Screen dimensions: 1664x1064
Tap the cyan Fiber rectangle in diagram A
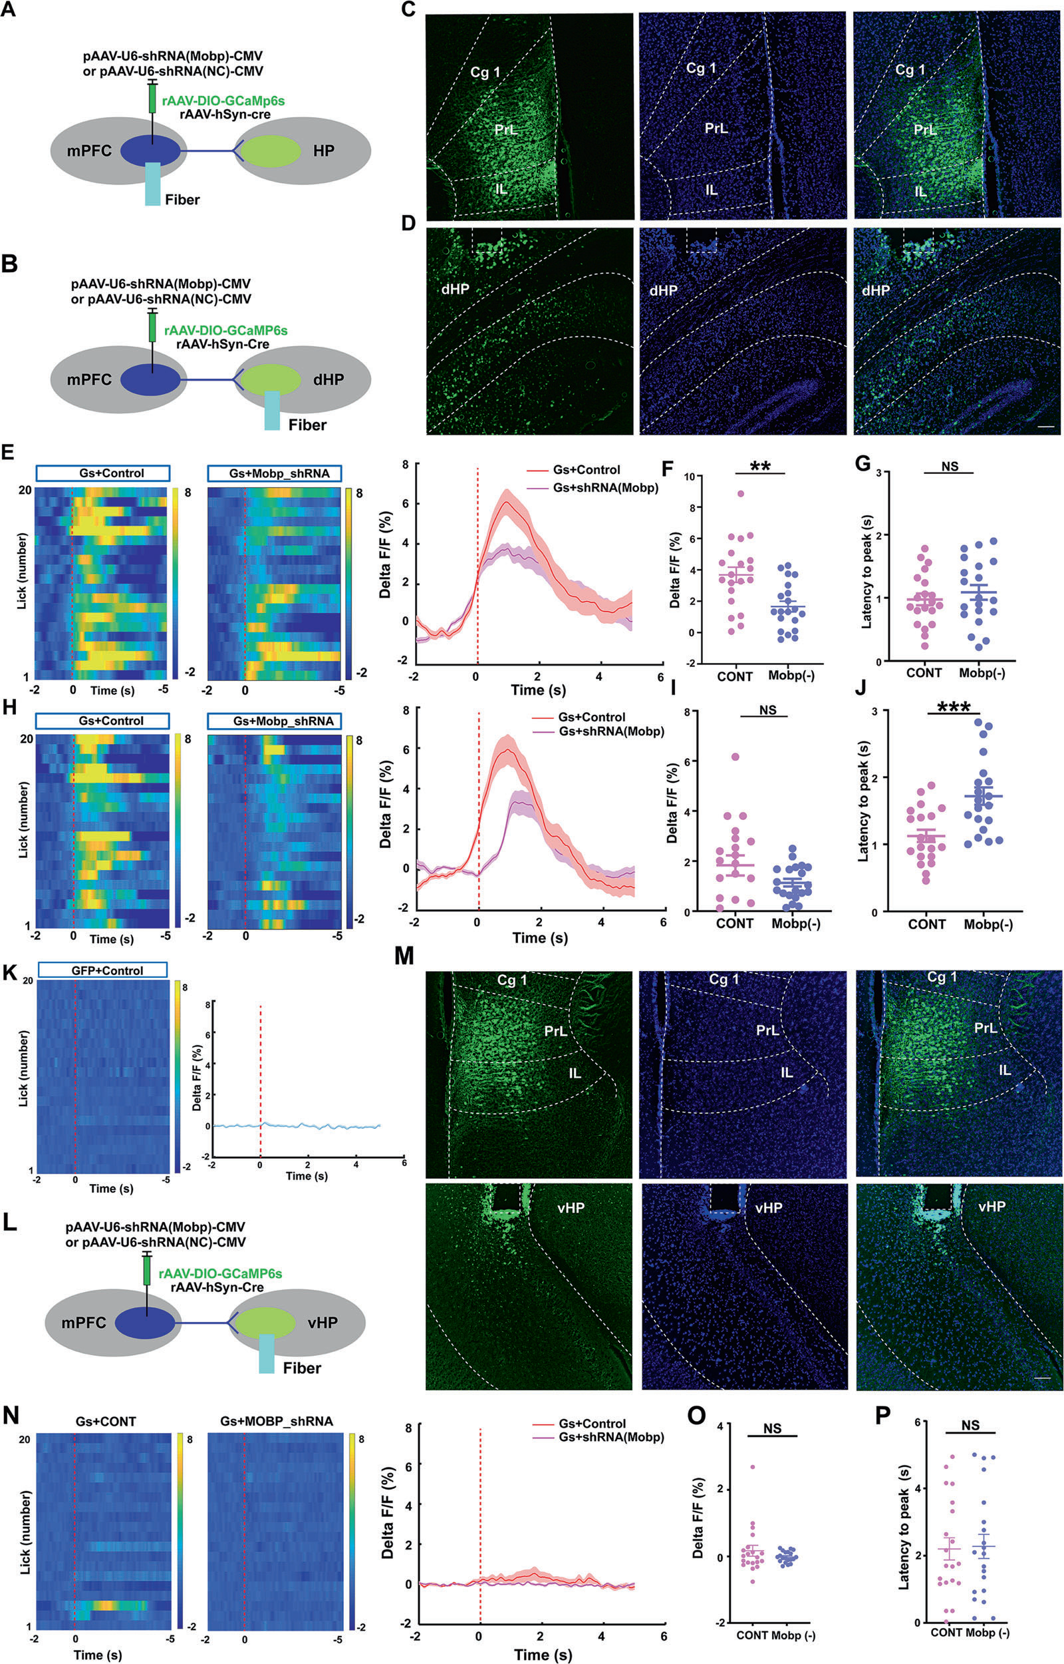pyautogui.click(x=152, y=184)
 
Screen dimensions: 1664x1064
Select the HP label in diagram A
pyautogui.click(x=323, y=150)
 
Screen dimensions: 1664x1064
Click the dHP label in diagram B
pyautogui.click(x=329, y=379)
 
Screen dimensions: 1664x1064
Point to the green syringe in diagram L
pyautogui.click(x=146, y=1271)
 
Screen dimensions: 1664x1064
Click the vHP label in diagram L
pyautogui.click(x=322, y=1323)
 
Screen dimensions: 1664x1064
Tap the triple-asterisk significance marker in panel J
pyautogui.click(x=954, y=708)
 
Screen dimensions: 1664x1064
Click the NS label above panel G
pyautogui.click(x=950, y=467)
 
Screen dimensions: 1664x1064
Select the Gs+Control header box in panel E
pyautogui.click(x=102, y=473)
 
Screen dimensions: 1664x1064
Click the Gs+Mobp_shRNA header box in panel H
pyautogui.click(x=274, y=721)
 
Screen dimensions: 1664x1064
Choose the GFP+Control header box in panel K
pyautogui.click(x=102, y=970)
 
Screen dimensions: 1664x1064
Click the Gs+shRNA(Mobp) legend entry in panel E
pyautogui.click(x=604, y=487)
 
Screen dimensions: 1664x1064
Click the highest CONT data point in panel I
pyautogui.click(x=735, y=757)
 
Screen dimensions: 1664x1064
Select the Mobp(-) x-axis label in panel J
pyautogui.click(x=988, y=925)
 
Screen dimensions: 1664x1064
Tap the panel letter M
pyautogui.click(x=404, y=958)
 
